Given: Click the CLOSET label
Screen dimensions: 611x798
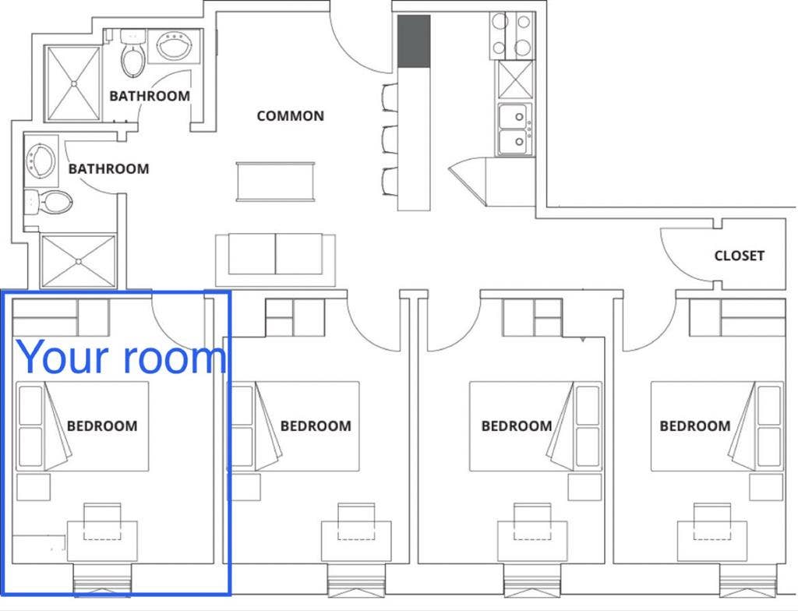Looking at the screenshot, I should (739, 256).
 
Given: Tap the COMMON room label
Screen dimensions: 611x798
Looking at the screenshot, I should (290, 116).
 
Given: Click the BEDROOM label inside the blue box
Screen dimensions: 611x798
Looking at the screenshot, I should (102, 426).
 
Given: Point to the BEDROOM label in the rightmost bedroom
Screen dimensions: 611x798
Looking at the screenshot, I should (694, 426).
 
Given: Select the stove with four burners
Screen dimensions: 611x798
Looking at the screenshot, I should (511, 36).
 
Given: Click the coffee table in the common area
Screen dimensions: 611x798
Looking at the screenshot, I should (276, 182).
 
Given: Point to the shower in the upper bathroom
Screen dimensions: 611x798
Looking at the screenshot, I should (72, 83).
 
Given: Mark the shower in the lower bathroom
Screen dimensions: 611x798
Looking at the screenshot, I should (77, 260).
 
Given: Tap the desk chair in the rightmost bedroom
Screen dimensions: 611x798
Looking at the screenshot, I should (712, 521).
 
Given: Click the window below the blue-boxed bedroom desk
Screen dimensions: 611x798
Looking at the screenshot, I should (102, 581).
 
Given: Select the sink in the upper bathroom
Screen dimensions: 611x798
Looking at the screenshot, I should (179, 46).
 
